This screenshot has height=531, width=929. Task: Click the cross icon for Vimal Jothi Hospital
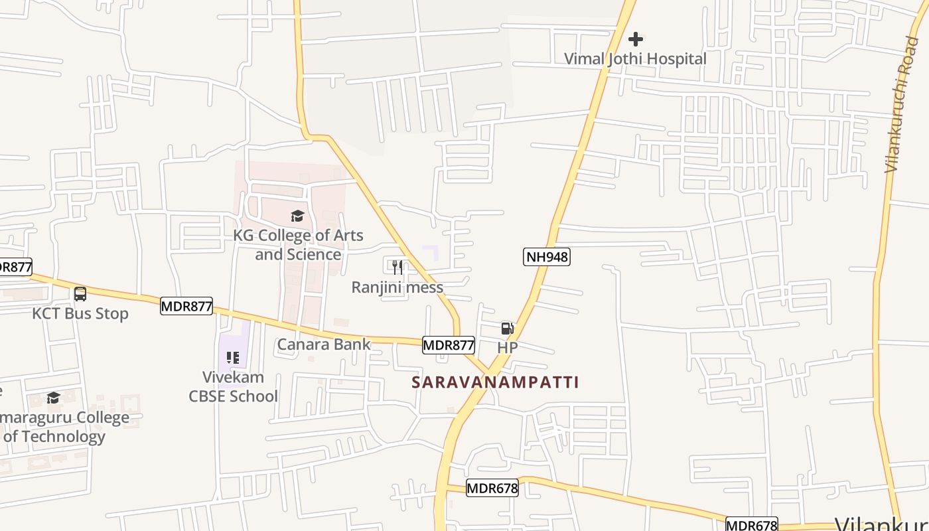(636, 39)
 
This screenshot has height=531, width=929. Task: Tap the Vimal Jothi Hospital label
(635, 58)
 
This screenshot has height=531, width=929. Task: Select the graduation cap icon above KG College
(297, 216)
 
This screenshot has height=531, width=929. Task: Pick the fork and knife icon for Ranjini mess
(397, 267)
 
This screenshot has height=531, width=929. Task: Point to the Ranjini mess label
(397, 287)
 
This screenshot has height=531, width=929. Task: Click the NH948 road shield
(546, 257)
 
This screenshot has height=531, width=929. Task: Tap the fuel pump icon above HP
(507, 328)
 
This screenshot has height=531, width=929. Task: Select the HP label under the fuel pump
(507, 347)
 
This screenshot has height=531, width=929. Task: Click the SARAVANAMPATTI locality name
(495, 382)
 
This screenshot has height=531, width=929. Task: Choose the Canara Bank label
(323, 344)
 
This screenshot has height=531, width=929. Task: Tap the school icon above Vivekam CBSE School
(232, 358)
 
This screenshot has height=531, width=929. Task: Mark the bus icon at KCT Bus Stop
(80, 293)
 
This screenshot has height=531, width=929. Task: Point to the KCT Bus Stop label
(80, 313)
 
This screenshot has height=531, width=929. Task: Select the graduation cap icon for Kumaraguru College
(53, 398)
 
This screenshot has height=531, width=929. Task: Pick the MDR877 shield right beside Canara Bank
(449, 345)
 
